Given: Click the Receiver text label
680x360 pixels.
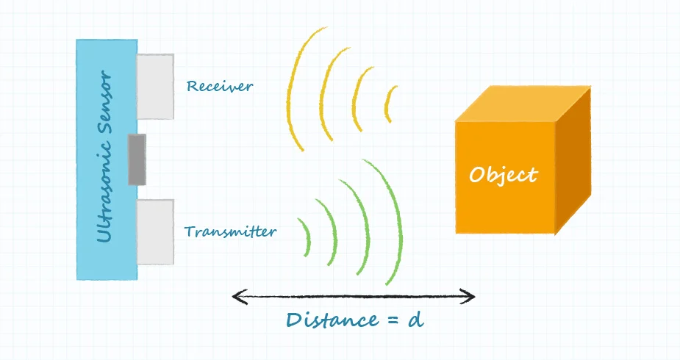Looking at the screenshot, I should (x=219, y=87).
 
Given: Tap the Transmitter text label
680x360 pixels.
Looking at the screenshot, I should (x=230, y=232).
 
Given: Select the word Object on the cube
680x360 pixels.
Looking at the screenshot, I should (x=504, y=176).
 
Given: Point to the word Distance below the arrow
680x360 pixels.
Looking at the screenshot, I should (x=330, y=320).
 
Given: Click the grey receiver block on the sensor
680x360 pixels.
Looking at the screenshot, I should (x=155, y=86).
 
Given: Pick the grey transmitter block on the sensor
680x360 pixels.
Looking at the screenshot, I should (x=155, y=232).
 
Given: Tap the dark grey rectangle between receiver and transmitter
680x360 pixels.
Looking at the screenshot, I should (x=137, y=159).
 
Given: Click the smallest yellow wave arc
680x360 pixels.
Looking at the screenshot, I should (x=390, y=104).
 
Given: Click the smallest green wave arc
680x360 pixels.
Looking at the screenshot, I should (x=304, y=236).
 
